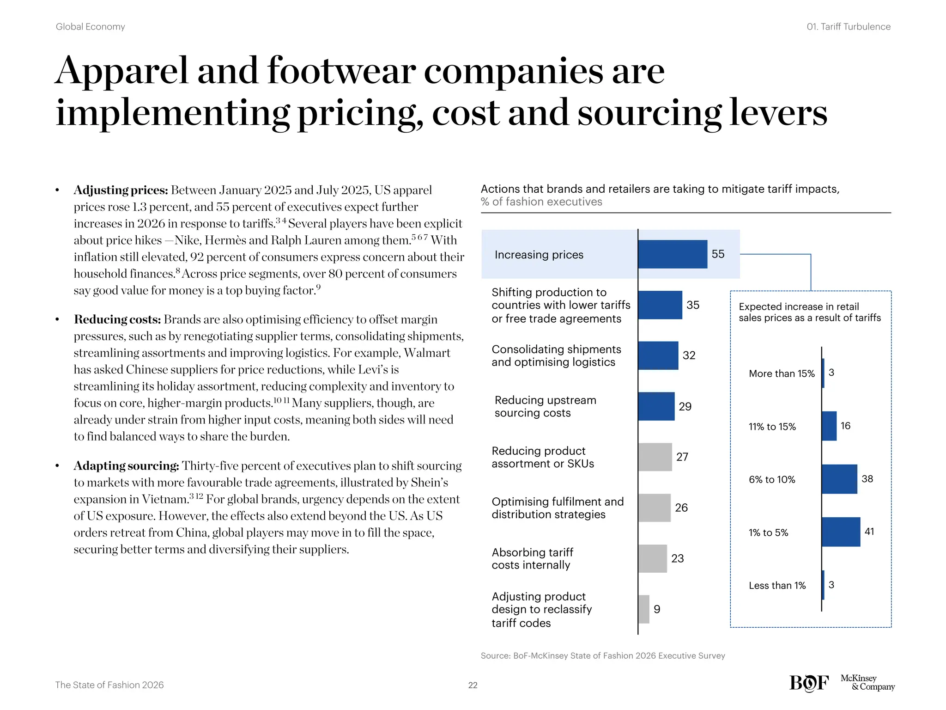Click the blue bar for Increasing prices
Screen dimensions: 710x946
coord(673,254)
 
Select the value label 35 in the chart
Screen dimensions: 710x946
coord(693,305)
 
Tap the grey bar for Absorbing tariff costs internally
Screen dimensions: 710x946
coord(653,558)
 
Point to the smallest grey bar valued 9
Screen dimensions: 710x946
coord(644,609)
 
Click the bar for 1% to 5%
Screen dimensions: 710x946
coord(841,532)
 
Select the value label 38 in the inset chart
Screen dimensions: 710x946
coord(867,479)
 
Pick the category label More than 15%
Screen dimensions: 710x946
coord(782,373)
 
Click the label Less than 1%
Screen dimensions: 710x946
coord(777,586)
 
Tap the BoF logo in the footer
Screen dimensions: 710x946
coord(809,683)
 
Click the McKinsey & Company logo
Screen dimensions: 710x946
coord(867,682)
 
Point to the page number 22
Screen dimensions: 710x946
coord(473,685)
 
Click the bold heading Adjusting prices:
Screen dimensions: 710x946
coord(121,190)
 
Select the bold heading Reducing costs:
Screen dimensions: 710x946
coord(117,319)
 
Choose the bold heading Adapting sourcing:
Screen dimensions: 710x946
coord(126,465)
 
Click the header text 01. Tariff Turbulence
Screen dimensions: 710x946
coord(848,27)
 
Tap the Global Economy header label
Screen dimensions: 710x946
coord(91,27)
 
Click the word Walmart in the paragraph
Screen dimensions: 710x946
coord(427,353)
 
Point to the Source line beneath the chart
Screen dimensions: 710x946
coord(602,655)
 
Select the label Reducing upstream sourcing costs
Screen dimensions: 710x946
coord(545,406)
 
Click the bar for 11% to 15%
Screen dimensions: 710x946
coord(829,426)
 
